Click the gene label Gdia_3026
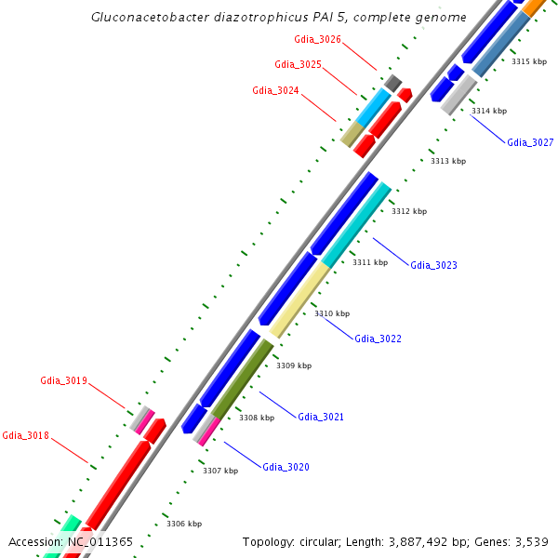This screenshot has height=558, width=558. click(x=317, y=40)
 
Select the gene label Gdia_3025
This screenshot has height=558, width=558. click(x=299, y=64)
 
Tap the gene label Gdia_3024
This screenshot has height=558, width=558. click(x=276, y=90)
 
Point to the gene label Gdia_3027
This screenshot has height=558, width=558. click(x=530, y=142)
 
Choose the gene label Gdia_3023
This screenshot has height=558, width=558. click(x=433, y=265)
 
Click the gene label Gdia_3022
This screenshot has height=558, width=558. click(x=378, y=339)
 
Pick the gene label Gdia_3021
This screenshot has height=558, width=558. click(x=321, y=417)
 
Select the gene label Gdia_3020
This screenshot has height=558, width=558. click(x=286, y=467)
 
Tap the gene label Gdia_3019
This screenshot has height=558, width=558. click(x=63, y=380)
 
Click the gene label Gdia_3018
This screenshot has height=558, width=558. click(x=26, y=435)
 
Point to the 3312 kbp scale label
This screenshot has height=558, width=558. click(x=408, y=212)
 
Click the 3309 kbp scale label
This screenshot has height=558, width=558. click(x=295, y=365)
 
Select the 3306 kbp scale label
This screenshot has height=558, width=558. click(x=184, y=524)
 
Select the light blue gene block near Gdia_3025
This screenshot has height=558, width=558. click(x=375, y=108)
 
